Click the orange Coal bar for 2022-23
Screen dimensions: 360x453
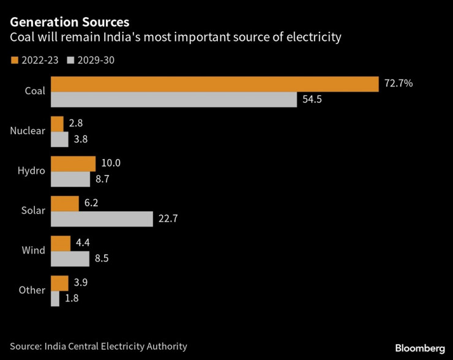point(215,84)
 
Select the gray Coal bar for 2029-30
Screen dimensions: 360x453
point(173,100)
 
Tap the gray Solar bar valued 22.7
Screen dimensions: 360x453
point(102,219)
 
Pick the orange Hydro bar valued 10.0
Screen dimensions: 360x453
point(73,163)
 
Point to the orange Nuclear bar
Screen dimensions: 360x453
point(57,124)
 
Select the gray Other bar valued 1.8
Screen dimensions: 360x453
point(55,299)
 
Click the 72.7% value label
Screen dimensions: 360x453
point(399,84)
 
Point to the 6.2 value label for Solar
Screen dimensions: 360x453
point(91,203)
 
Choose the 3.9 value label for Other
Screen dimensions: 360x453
point(80,283)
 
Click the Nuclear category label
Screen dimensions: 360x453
point(28,130)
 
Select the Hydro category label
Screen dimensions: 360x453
point(32,170)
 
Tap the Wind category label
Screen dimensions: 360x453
point(34,250)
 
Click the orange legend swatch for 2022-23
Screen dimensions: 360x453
point(14,60)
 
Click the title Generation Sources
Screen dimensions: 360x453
point(69,22)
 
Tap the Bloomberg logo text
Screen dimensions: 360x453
point(419,348)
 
